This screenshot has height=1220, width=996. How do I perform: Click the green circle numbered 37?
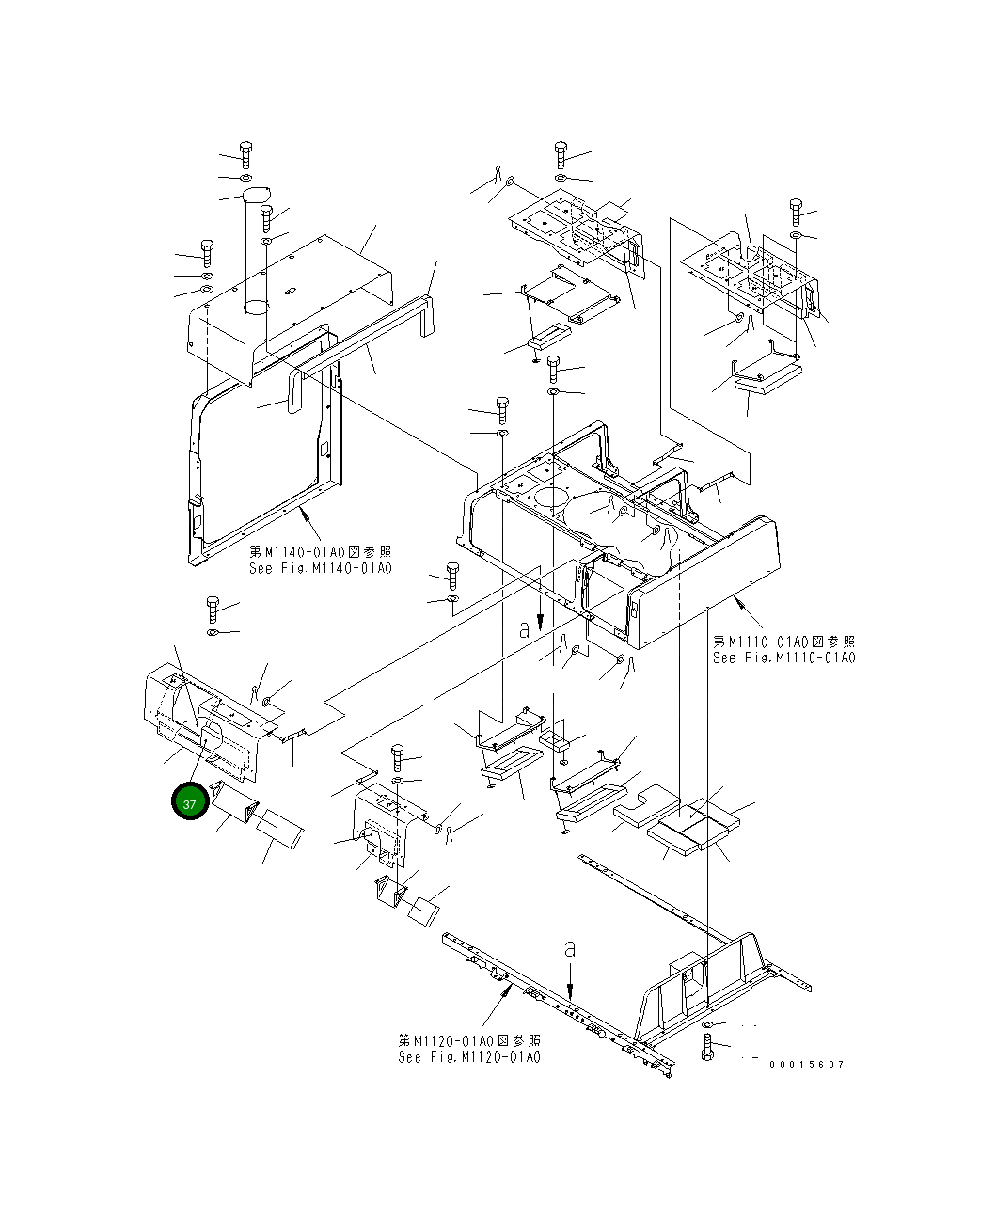coord(190,803)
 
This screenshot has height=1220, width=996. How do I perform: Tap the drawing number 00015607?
coord(806,1064)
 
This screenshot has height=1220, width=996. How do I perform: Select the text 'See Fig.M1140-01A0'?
coord(320,568)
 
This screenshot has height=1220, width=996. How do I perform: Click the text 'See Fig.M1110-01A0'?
coord(783,658)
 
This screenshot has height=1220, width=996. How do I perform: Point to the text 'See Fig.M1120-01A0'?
coord(469,1057)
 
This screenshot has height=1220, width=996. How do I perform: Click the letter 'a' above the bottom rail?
coord(570,949)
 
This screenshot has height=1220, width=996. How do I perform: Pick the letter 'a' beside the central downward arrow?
coord(525,631)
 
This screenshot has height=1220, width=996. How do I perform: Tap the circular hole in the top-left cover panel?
coord(257,307)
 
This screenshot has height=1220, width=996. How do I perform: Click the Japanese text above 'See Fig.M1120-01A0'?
coord(469,1040)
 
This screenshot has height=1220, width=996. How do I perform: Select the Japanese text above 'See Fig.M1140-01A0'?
coord(320,551)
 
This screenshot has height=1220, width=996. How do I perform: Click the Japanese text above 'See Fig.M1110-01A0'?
coord(783,641)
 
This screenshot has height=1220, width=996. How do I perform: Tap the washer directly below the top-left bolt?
coord(245,177)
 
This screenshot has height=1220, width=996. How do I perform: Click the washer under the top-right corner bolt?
coord(796,234)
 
